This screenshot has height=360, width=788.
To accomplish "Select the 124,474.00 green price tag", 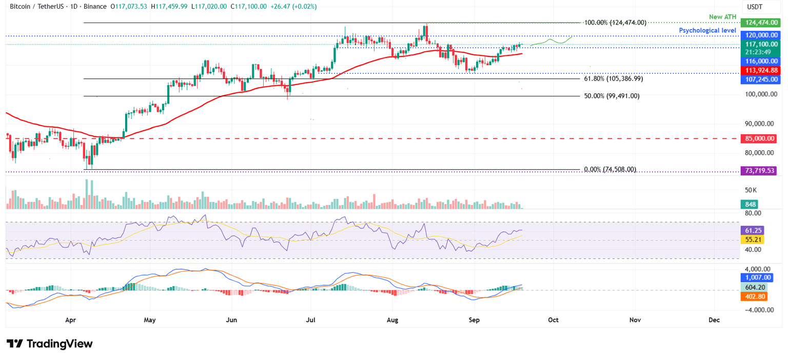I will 760,23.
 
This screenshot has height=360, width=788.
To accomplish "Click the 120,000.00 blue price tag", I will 760,35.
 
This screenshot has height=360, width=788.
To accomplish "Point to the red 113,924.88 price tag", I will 760,70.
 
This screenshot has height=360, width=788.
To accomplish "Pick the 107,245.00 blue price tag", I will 760,79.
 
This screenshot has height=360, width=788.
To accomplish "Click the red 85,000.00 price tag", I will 760,138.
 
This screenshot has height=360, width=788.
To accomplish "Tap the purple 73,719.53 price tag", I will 760,170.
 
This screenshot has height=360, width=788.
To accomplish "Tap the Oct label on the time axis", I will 554,319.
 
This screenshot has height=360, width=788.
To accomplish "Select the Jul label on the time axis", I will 311,319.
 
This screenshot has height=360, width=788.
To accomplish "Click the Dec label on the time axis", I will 714,319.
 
